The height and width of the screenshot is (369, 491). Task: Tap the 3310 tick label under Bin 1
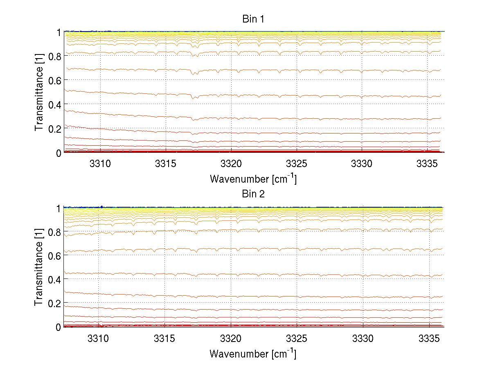point(99,164)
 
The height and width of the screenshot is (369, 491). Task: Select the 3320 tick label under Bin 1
point(231,164)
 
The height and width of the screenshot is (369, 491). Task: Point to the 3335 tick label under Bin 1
point(427,164)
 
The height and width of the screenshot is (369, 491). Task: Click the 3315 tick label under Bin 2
point(164,339)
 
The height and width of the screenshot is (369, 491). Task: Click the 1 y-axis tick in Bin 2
point(59,208)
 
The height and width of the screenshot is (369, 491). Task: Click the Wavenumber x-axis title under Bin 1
point(253,179)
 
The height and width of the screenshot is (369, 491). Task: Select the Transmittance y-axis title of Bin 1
point(39,92)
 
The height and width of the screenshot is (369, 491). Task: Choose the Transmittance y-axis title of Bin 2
point(39,267)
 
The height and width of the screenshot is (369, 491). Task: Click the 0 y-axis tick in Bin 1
point(59,153)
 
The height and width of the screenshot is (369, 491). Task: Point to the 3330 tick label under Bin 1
point(362,164)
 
